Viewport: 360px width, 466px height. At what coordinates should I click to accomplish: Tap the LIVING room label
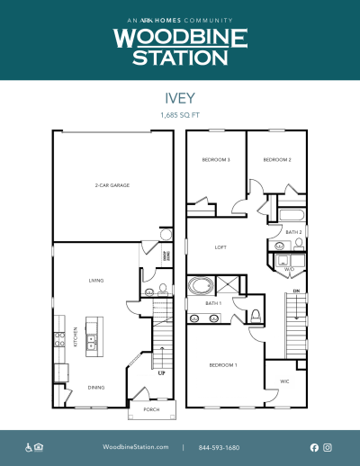(x=96, y=281)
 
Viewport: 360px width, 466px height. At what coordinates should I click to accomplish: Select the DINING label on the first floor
(x=95, y=388)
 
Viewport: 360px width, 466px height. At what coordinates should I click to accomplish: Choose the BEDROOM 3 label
(x=216, y=160)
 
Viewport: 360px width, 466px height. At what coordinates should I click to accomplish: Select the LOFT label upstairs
(x=220, y=247)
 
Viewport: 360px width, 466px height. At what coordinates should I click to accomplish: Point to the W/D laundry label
(x=289, y=269)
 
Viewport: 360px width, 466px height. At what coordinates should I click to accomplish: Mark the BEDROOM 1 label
(x=223, y=365)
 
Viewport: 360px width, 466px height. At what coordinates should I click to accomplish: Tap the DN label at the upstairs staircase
(x=295, y=292)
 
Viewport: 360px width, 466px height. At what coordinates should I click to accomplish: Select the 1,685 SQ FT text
(x=180, y=117)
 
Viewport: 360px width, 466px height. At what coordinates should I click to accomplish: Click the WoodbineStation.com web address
(x=136, y=447)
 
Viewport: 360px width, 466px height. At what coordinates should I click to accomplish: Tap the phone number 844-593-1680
(x=220, y=447)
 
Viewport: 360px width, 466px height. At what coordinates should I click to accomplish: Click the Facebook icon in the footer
(x=314, y=447)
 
